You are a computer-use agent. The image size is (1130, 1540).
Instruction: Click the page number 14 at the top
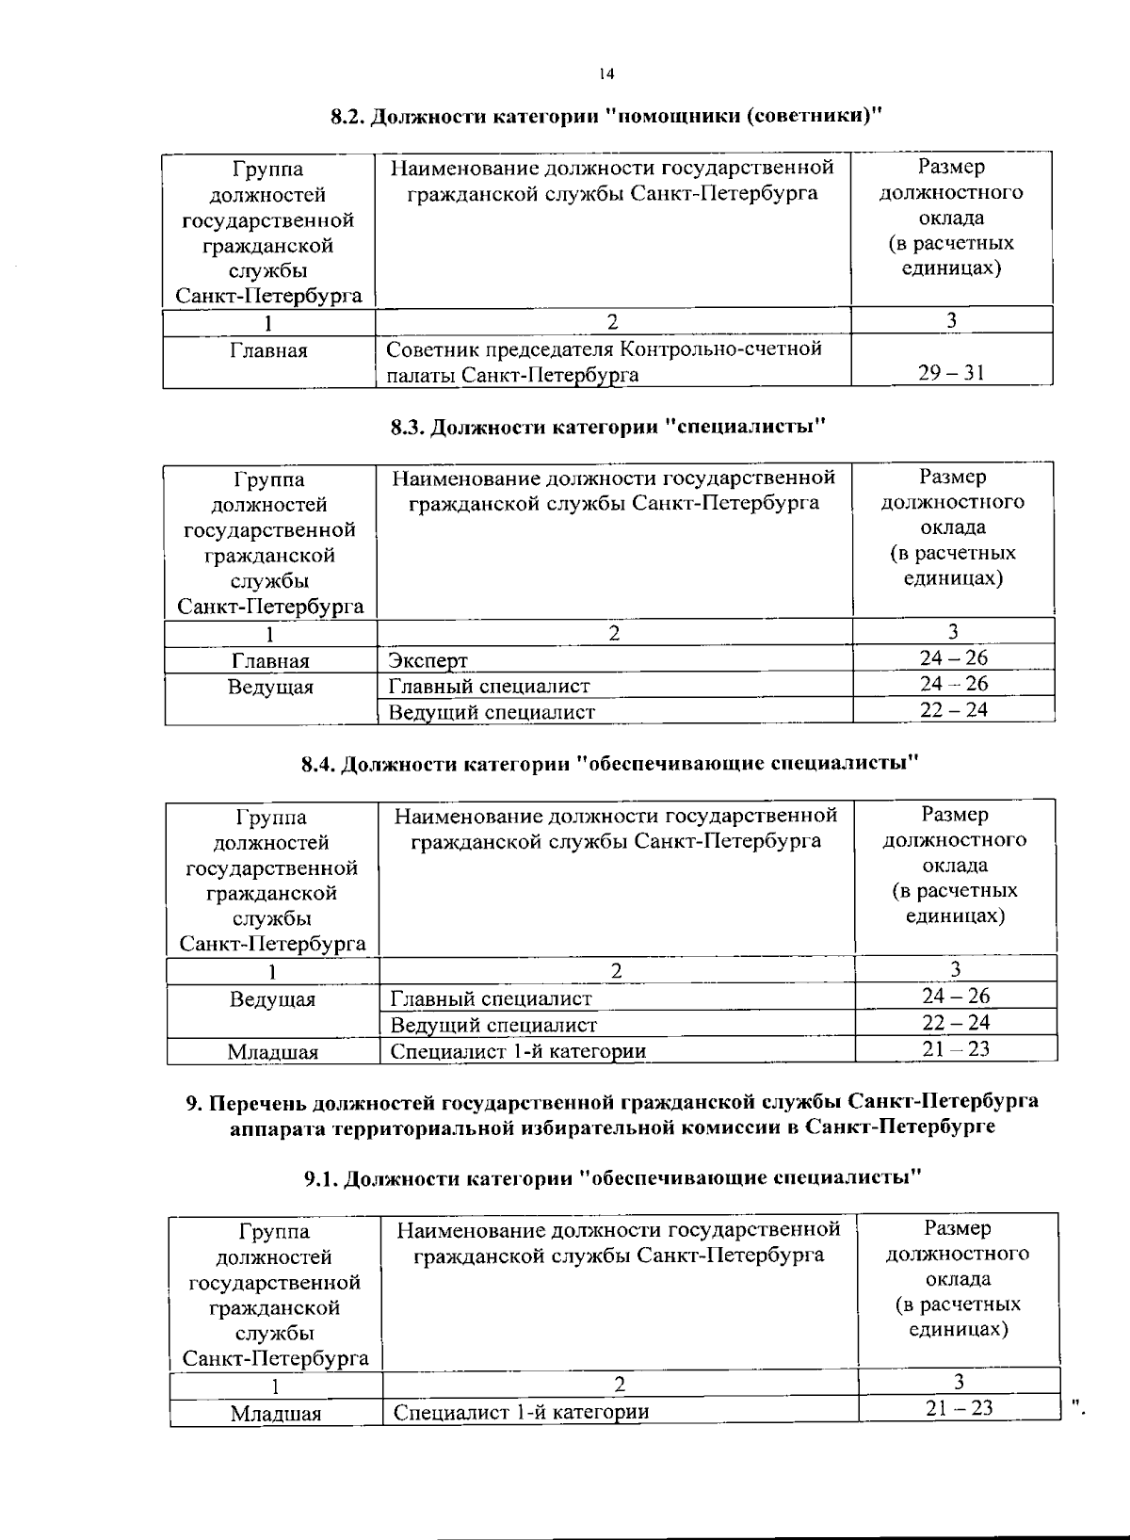point(606,73)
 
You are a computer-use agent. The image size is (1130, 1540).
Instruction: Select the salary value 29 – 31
point(951,373)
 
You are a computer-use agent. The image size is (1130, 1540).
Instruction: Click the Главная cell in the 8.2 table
point(268,351)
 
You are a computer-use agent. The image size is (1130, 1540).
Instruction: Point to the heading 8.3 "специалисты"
point(607,428)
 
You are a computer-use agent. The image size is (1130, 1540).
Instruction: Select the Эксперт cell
point(428,660)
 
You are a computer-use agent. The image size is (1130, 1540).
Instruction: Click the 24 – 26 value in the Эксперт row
point(953,657)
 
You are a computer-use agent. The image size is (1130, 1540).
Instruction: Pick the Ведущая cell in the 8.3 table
point(270,687)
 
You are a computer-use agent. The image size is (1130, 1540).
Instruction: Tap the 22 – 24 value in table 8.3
point(953,710)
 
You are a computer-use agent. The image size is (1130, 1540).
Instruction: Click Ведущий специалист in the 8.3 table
point(492,712)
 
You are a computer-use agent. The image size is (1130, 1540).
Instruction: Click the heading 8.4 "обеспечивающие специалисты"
point(609,764)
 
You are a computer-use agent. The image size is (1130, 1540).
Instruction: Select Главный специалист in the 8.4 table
point(492,998)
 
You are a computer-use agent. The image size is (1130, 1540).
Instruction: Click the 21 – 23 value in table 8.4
point(955,1049)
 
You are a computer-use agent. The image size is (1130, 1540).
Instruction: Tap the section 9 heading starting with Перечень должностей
point(612,1114)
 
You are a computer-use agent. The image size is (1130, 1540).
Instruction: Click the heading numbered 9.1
point(612,1178)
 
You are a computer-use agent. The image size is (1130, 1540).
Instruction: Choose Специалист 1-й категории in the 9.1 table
point(522,1412)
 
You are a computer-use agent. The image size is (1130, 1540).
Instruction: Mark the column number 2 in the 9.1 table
point(620,1384)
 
